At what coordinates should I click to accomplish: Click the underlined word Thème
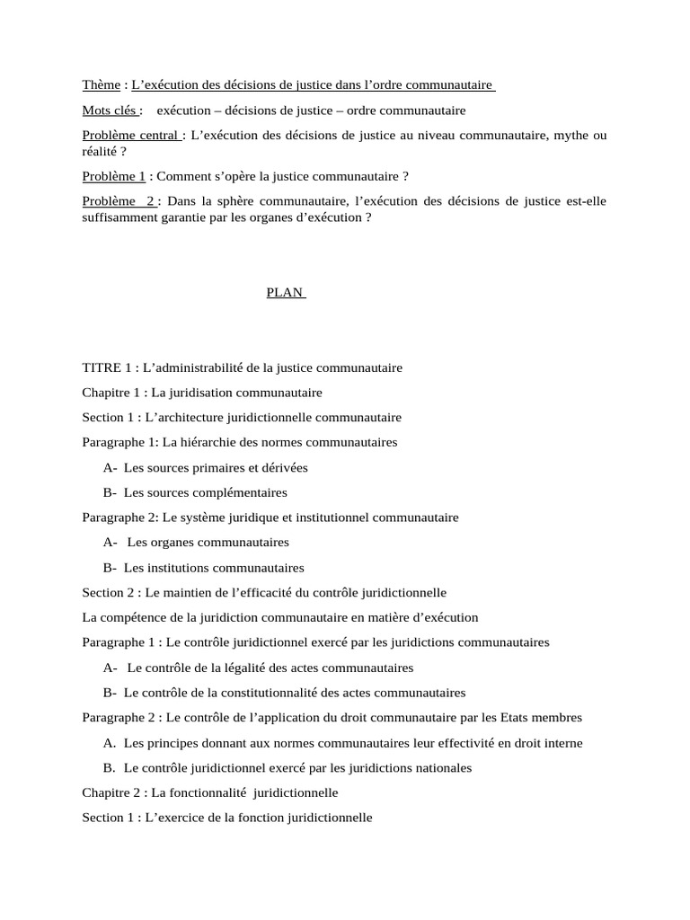[x=101, y=85]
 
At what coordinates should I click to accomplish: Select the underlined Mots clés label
[x=110, y=111]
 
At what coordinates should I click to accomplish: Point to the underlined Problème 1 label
[x=113, y=177]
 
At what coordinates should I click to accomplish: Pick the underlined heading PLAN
[x=286, y=293]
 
